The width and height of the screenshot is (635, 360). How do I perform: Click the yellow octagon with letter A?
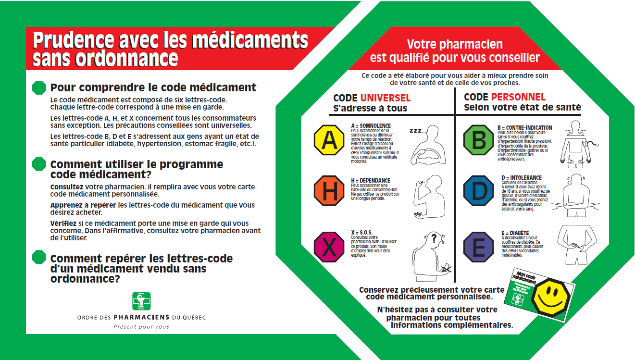(x=329, y=139)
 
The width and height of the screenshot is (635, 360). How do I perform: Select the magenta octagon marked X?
(x=329, y=247)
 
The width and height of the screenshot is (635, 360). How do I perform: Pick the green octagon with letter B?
(x=479, y=139)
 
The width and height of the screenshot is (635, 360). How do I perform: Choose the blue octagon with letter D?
(x=479, y=191)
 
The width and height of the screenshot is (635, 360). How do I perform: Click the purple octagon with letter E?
(x=479, y=247)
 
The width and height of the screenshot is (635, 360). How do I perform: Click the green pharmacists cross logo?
(x=141, y=301)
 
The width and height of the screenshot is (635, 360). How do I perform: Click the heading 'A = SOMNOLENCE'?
(x=370, y=126)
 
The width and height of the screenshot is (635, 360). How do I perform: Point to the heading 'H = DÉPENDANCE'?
(x=371, y=181)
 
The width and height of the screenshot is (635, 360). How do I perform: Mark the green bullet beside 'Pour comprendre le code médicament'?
(x=38, y=87)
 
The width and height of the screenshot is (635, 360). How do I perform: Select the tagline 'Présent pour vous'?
(x=141, y=327)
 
